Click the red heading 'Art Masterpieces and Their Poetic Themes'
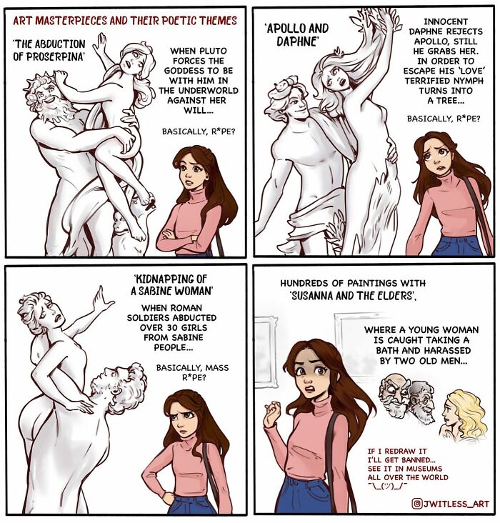click(x=124, y=21)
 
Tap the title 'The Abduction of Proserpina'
click(x=49, y=50)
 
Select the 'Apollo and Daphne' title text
click(x=296, y=34)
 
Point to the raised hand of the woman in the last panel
click(x=272, y=415)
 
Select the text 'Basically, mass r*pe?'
click(x=193, y=372)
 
